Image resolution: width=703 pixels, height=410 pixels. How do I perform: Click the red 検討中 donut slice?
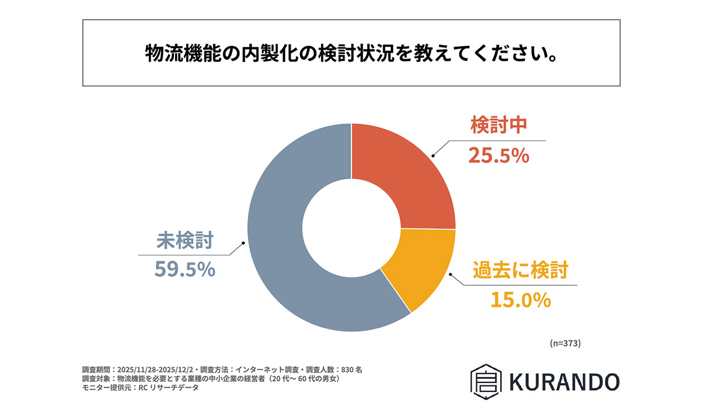click(410, 176)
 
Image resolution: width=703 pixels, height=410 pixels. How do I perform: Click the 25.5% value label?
click(499, 156)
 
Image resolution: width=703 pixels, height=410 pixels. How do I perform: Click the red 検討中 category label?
click(499, 126)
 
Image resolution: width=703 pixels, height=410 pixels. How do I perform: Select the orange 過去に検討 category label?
click(521, 271)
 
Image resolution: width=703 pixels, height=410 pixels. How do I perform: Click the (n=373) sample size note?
click(565, 343)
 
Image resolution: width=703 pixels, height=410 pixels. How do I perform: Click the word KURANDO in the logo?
click(564, 381)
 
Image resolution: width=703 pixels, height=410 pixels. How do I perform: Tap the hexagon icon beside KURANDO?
click(486, 381)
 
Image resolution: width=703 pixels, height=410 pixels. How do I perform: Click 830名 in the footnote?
click(351, 370)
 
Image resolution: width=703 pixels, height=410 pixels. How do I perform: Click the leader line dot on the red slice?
click(433, 156)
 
